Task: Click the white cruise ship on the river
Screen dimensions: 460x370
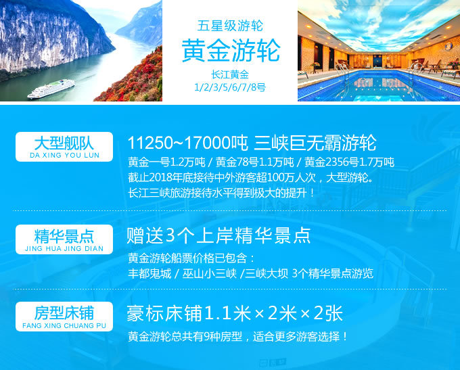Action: point(51,89)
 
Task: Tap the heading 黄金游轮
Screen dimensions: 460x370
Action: point(231,51)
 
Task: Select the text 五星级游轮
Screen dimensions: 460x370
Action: point(230,26)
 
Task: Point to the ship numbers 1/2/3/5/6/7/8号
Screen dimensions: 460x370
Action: point(230,87)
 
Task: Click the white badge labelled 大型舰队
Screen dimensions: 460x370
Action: point(64,147)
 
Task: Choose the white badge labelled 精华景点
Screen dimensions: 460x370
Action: point(64,239)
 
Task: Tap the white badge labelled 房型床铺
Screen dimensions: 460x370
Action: point(64,317)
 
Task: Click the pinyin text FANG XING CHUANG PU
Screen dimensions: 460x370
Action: point(64,325)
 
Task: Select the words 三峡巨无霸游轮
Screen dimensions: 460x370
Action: point(315,143)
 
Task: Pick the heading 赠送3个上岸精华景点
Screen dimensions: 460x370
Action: point(219,235)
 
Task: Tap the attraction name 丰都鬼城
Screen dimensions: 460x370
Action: point(149,274)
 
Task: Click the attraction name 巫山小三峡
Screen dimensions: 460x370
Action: point(210,274)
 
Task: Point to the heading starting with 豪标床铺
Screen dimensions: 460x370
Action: point(235,313)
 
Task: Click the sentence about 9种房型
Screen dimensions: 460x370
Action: point(238,337)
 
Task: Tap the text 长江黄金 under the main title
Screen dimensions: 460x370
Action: point(230,74)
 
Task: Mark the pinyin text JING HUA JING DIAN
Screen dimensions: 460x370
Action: point(64,248)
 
